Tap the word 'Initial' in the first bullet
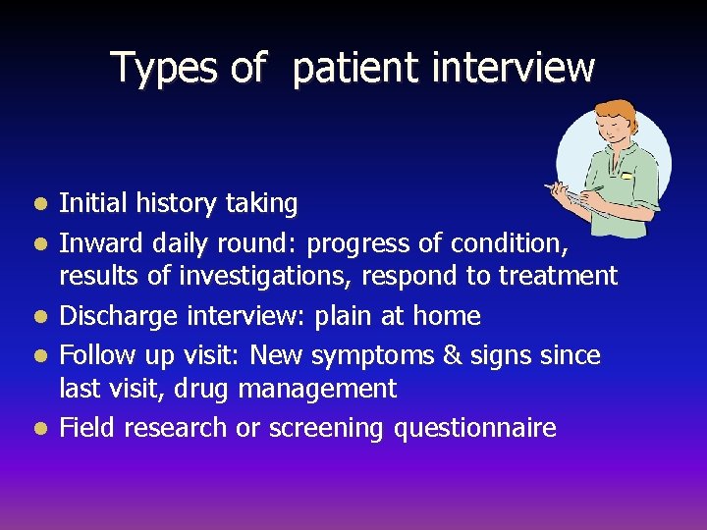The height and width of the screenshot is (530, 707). pos(91,204)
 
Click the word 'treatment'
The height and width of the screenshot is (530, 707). pos(558,277)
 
